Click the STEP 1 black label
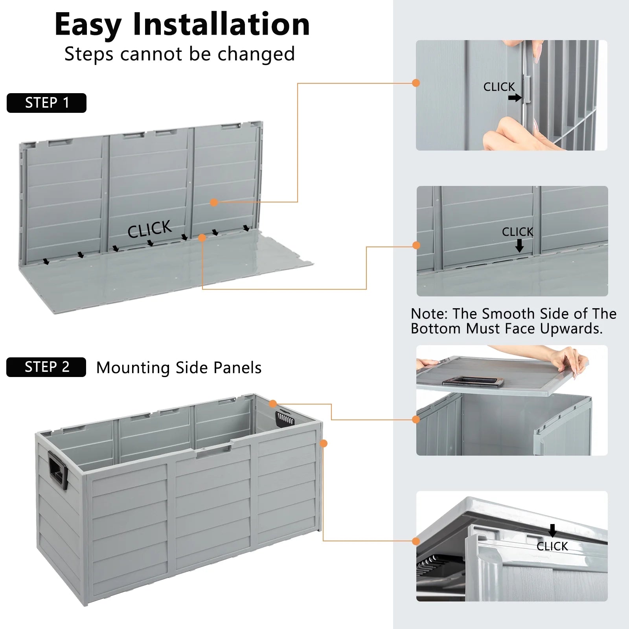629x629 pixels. (46, 103)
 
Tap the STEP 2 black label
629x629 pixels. (46, 367)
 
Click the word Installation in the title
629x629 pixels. (221, 24)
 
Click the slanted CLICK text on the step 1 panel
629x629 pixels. (149, 229)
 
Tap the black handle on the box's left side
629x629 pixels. (58, 470)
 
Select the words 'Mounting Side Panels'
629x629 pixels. (179, 368)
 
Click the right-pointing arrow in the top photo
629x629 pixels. (515, 97)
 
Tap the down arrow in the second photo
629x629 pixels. (519, 246)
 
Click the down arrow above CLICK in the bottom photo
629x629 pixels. (552, 530)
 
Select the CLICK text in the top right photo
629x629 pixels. (499, 87)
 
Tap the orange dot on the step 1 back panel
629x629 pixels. (214, 202)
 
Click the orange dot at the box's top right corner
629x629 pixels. (273, 404)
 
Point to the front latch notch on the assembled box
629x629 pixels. (213, 451)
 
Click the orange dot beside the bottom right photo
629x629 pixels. (416, 541)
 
